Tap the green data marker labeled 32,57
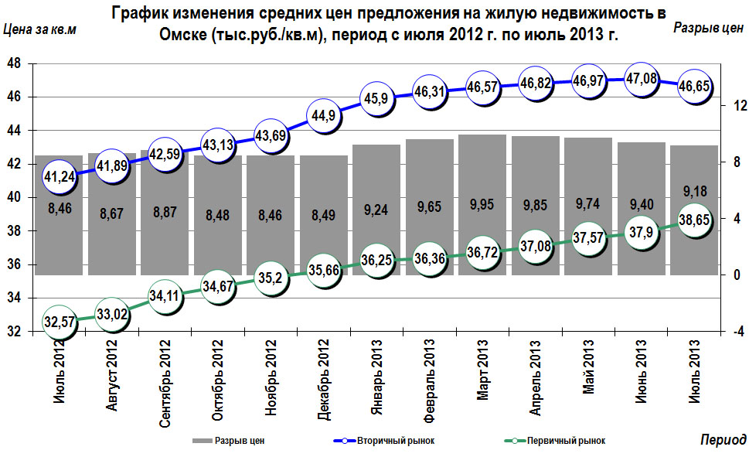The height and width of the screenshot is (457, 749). pyautogui.click(x=60, y=322)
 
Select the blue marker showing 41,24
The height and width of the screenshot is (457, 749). pyautogui.click(x=60, y=177)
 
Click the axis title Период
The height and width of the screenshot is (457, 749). pyautogui.click(x=723, y=439)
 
